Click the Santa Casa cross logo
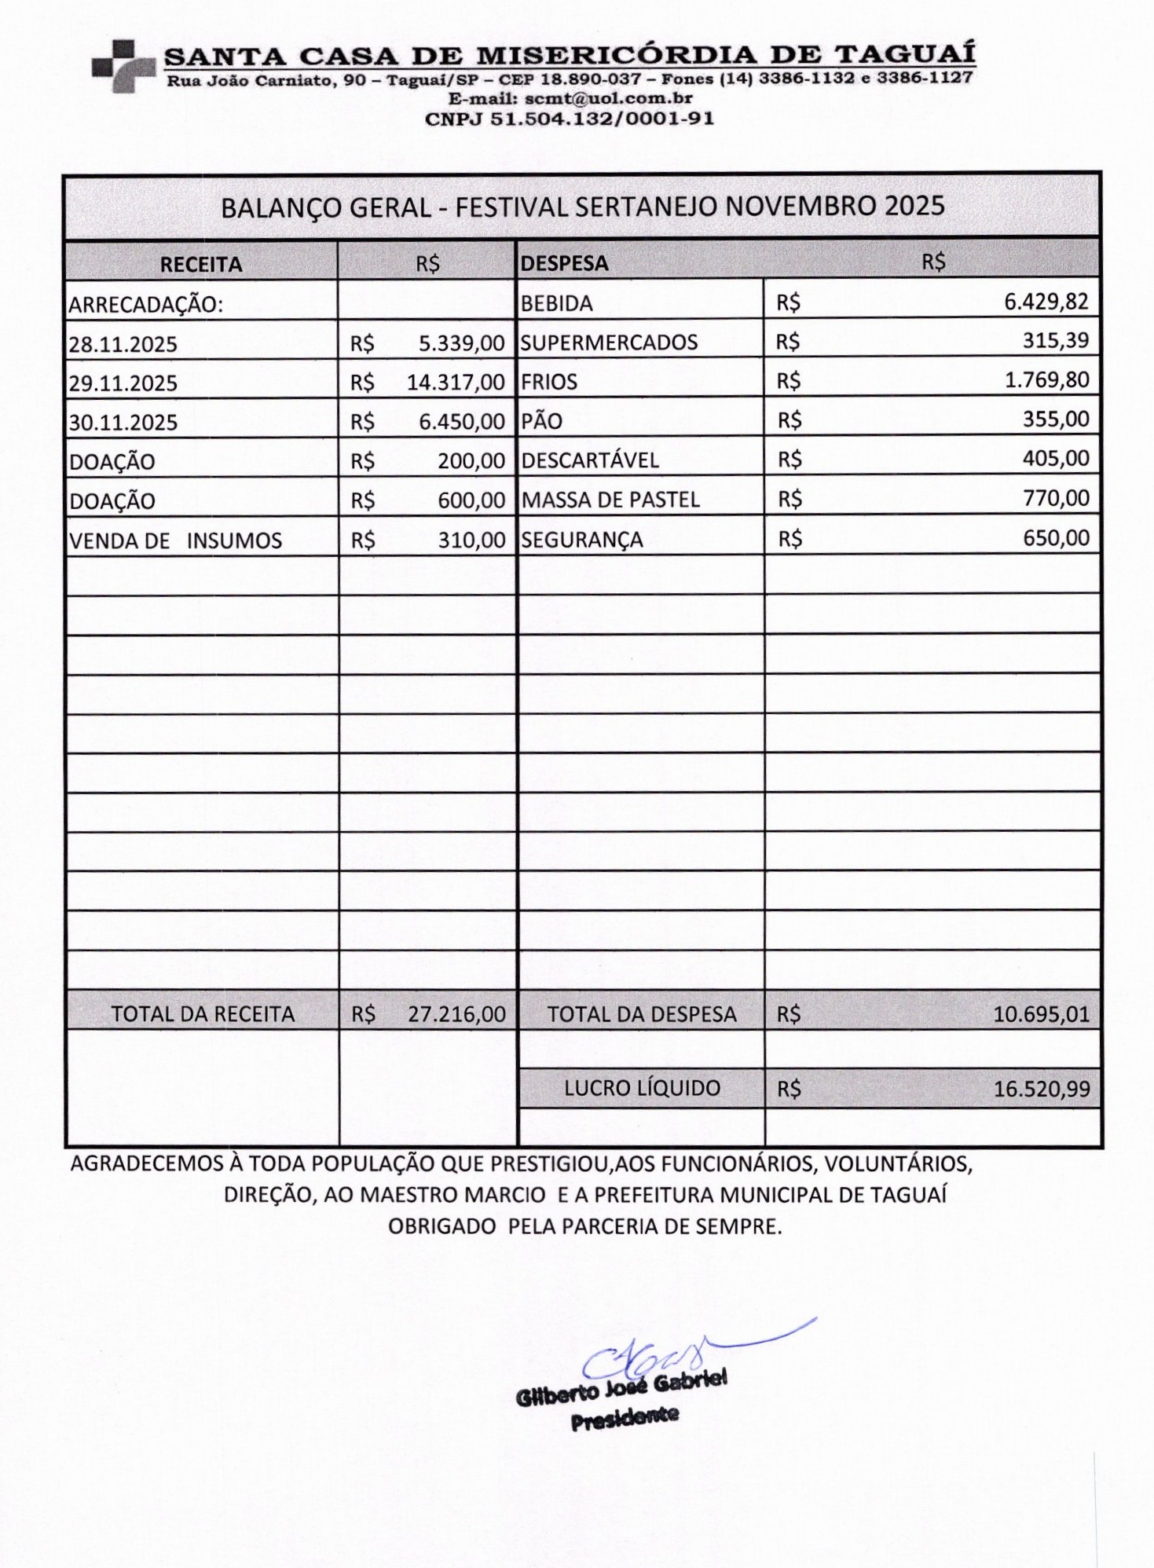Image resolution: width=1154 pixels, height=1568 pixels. [x=123, y=66]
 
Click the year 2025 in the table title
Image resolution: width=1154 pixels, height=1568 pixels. [x=914, y=206]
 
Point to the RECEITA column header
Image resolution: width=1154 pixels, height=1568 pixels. [x=201, y=264]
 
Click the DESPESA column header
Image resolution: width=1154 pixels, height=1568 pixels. [x=564, y=263]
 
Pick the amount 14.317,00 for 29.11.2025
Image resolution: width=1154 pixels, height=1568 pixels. [x=455, y=383]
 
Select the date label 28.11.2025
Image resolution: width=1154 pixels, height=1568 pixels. [x=123, y=344]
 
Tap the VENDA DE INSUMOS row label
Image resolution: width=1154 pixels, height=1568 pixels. [x=175, y=540]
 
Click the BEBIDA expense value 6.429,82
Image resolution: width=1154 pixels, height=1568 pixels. [x=1046, y=302]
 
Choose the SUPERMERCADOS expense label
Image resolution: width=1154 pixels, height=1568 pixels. [x=609, y=343]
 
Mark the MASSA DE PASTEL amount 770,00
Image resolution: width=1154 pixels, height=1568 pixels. [x=1056, y=498]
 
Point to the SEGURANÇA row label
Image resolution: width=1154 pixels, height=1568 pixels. [x=582, y=540]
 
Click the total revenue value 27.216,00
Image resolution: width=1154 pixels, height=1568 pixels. [x=456, y=1014]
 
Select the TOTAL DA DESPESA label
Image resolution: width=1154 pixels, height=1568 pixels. [x=642, y=1014]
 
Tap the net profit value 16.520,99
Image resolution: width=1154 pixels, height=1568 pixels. [x=1042, y=1089]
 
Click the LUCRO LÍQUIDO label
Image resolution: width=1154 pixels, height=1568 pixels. [x=642, y=1088]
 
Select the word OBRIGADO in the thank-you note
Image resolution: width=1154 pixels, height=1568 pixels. [x=441, y=1226]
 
